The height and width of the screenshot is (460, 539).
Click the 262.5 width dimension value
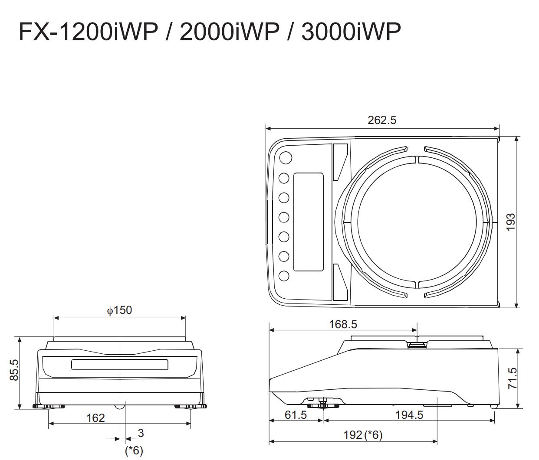(x=382, y=120)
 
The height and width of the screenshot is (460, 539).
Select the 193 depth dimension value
(x=511, y=222)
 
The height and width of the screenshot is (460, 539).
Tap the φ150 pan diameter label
(x=119, y=310)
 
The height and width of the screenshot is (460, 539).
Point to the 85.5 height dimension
(x=14, y=369)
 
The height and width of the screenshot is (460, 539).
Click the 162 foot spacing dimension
(x=95, y=418)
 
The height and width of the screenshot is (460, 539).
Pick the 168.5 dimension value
(x=342, y=324)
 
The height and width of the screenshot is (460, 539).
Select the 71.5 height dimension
(x=512, y=378)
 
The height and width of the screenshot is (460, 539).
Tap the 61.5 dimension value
(x=296, y=415)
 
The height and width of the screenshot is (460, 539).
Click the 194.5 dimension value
(x=409, y=415)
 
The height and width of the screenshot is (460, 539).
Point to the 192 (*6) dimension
(x=363, y=435)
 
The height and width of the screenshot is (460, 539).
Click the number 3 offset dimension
(x=141, y=433)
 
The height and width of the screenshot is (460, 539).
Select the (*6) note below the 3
(x=134, y=450)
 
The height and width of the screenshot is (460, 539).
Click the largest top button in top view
(x=286, y=157)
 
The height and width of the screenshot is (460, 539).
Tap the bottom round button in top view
(x=284, y=276)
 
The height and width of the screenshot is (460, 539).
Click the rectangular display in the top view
(x=309, y=222)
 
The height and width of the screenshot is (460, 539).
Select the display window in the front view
(x=120, y=365)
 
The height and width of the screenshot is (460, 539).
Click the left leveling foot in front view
(x=49, y=407)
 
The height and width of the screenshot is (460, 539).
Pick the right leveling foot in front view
(x=191, y=407)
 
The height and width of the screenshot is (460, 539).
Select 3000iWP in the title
(x=351, y=32)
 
